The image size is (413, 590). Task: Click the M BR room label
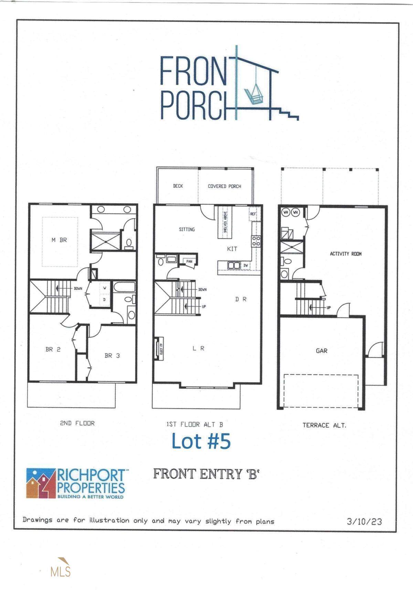tap(59, 240)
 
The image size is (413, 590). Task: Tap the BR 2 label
tap(53, 349)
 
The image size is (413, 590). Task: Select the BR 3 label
tap(112, 356)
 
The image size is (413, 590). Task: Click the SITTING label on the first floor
tap(187, 229)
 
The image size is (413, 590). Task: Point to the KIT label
tap(232, 249)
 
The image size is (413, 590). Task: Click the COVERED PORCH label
tap(224, 186)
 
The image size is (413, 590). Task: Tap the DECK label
tap(178, 186)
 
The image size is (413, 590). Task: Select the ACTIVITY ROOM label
tap(346, 254)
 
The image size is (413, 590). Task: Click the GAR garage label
tap(321, 351)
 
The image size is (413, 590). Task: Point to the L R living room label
tap(198, 348)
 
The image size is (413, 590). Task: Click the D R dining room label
tap(241, 299)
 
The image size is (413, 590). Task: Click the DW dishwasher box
tap(245, 265)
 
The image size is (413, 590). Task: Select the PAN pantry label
tap(189, 262)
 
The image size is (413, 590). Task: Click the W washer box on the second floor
tap(105, 288)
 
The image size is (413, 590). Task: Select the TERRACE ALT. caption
tap(324, 425)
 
